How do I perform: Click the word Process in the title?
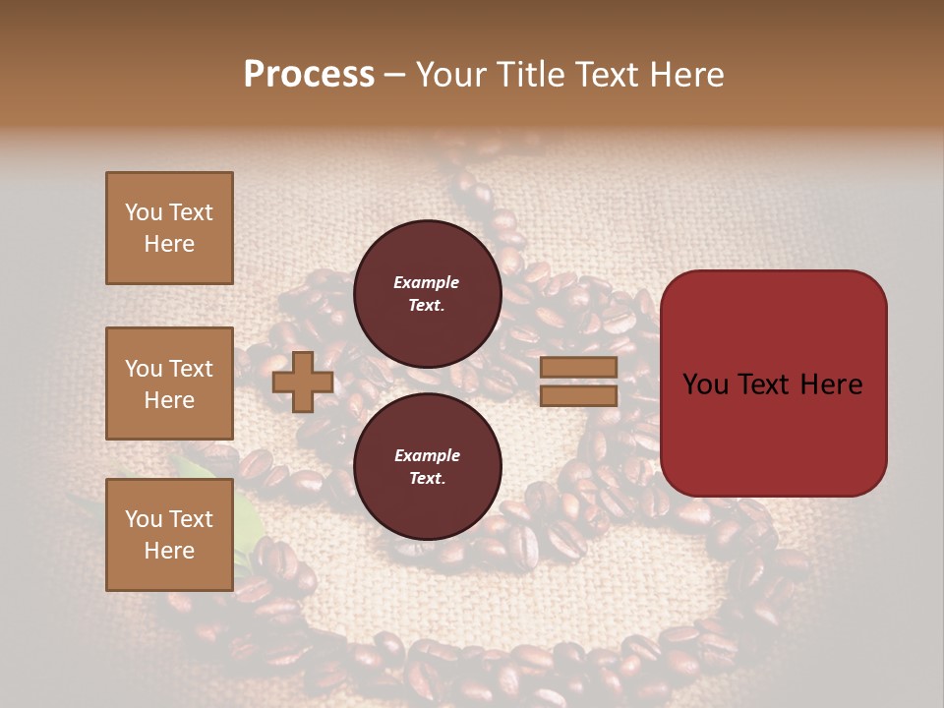tap(309, 75)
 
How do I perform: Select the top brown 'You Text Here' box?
tap(169, 228)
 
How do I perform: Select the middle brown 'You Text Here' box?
tap(169, 383)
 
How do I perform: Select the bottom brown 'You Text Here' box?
tap(169, 535)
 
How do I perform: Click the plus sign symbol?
tap(303, 383)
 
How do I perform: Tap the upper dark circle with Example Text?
tap(427, 293)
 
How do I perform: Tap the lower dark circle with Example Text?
tap(427, 466)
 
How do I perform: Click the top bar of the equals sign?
tap(579, 368)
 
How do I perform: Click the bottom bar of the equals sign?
tap(579, 396)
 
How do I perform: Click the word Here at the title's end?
tap(689, 75)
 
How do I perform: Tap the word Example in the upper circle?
tap(427, 282)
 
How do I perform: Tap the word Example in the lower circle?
tap(427, 455)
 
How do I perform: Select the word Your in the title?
tap(451, 75)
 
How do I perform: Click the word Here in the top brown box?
tap(169, 244)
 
